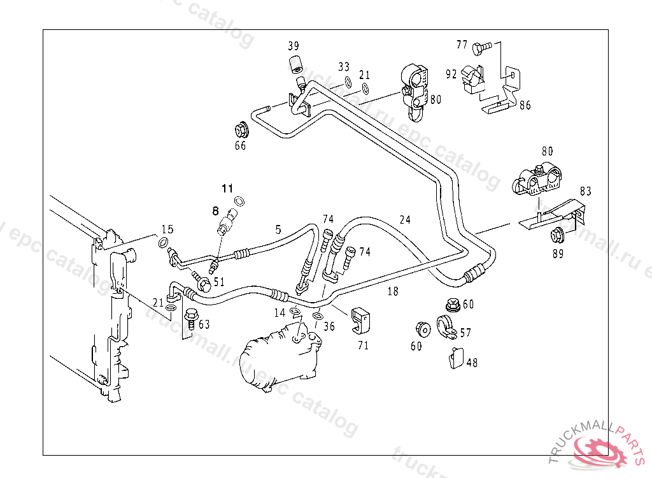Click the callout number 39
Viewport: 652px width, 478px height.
293,46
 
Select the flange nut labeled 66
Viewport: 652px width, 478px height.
241,129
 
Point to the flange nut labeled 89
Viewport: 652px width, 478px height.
557,235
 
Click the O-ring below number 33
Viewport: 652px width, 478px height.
348,82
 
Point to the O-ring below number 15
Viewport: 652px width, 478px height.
163,243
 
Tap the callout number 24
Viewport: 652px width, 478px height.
405,221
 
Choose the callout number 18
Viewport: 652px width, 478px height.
393,291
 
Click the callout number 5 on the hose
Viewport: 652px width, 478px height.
278,228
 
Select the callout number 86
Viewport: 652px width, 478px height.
525,106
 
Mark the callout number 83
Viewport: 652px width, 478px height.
585,191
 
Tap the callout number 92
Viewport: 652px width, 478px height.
451,74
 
